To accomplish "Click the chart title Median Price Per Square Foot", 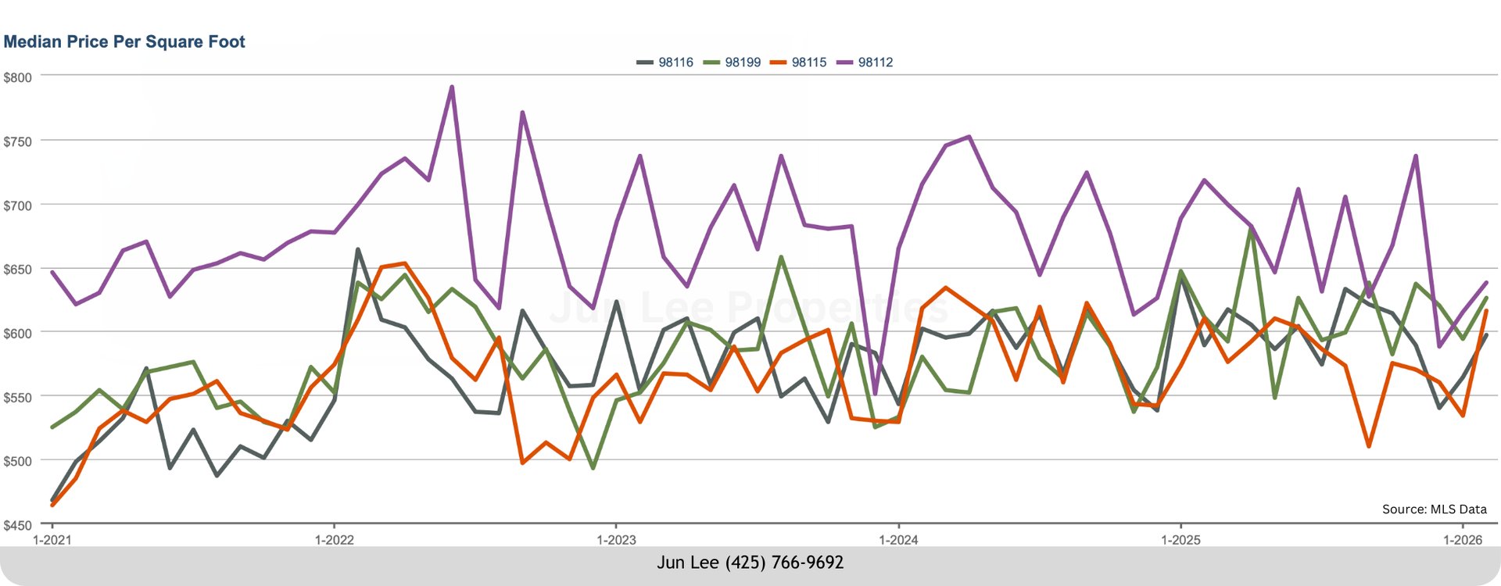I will tap(124, 42).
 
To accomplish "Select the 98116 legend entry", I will tap(675, 63).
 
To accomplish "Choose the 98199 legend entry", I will tap(742, 63).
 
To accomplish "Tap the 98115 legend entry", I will tap(808, 63).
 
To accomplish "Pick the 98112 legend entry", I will tap(875, 63).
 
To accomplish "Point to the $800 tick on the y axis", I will tap(18, 77).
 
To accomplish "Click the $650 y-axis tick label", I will tap(18, 270).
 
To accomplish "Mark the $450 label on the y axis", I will tap(18, 525).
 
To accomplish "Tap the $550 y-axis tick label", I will tap(18, 398).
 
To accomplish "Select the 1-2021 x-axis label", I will tap(52, 540).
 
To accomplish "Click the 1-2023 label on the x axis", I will tap(616, 540).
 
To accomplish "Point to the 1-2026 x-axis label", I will tap(1463, 540).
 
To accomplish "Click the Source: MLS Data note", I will tap(1434, 509).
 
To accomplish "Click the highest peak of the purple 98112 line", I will tap(452, 87).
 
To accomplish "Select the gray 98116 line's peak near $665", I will tap(357, 249).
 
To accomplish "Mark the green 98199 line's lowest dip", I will tap(593, 468).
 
